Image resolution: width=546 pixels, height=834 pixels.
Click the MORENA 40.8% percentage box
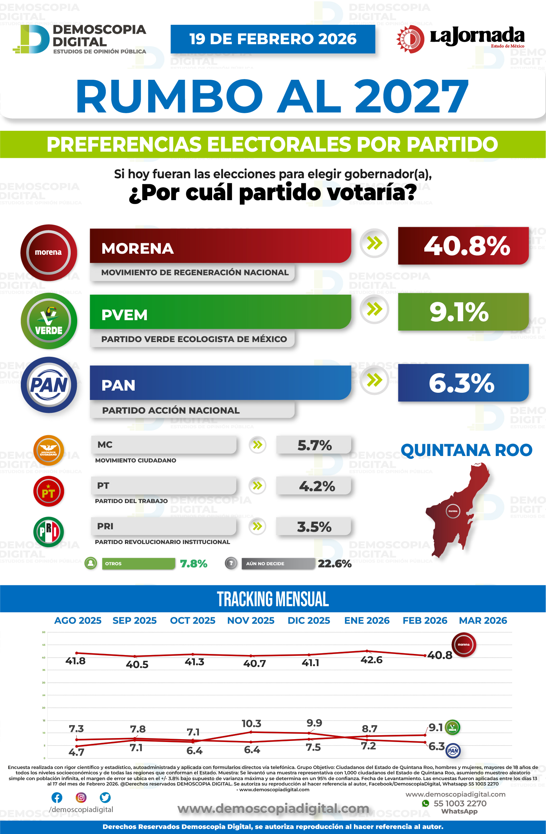pos(463,246)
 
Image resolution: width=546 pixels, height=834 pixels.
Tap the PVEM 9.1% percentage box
pos(463,312)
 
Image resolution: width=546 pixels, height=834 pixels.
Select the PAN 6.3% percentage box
pos(463,383)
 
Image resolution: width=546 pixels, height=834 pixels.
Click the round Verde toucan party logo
pos(49,321)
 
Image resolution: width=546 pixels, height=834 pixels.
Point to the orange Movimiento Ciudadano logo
pos(48,450)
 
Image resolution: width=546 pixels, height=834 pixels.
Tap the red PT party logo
pos(48,491)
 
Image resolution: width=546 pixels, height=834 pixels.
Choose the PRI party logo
pos(48,532)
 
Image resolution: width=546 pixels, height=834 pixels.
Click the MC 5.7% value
pos(314,445)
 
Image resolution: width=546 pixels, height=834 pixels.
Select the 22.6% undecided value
pos(334,563)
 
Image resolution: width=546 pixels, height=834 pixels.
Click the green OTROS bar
pos(138,563)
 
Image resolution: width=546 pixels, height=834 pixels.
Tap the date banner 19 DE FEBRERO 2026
pos(273,39)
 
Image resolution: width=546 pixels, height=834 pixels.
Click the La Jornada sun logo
pos(410,39)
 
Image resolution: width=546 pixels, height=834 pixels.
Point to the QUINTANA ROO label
pos(466,450)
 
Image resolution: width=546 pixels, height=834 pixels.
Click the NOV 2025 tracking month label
pos(251,621)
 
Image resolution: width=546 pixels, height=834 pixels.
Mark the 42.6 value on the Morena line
pos(372,660)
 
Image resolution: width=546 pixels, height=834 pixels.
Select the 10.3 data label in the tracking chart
pos(251,723)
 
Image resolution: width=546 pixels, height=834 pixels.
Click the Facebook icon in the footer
pos(57,798)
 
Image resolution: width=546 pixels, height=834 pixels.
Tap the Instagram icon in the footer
pos(81,798)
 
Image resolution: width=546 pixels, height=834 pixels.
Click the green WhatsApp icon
pos(425,803)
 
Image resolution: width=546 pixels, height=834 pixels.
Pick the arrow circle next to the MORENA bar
pos(374,243)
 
